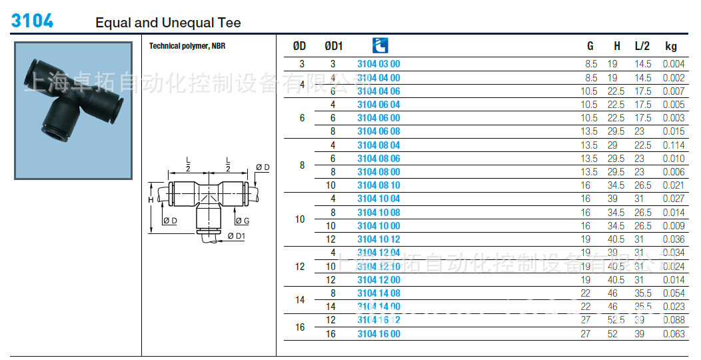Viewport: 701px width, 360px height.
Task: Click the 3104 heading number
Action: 32,21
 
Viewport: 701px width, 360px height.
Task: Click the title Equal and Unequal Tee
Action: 168,23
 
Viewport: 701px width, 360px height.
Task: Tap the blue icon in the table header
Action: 380,45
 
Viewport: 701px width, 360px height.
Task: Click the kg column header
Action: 670,46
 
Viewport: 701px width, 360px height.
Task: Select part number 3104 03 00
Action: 378,64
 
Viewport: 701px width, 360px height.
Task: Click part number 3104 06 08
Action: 378,131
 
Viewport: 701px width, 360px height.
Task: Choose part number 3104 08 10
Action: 378,185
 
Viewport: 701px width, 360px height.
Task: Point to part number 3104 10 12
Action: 378,239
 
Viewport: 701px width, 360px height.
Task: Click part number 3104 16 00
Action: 378,334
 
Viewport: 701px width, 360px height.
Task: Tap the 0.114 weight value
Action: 673,145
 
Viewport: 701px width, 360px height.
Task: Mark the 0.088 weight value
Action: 673,320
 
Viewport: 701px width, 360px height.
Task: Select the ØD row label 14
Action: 300,300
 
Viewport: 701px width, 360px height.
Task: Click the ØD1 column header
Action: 333,46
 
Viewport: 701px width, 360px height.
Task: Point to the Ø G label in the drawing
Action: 242,221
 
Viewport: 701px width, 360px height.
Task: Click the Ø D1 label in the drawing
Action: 237,235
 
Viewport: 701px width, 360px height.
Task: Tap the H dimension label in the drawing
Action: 151,200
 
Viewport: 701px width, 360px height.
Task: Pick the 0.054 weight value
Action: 673,293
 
